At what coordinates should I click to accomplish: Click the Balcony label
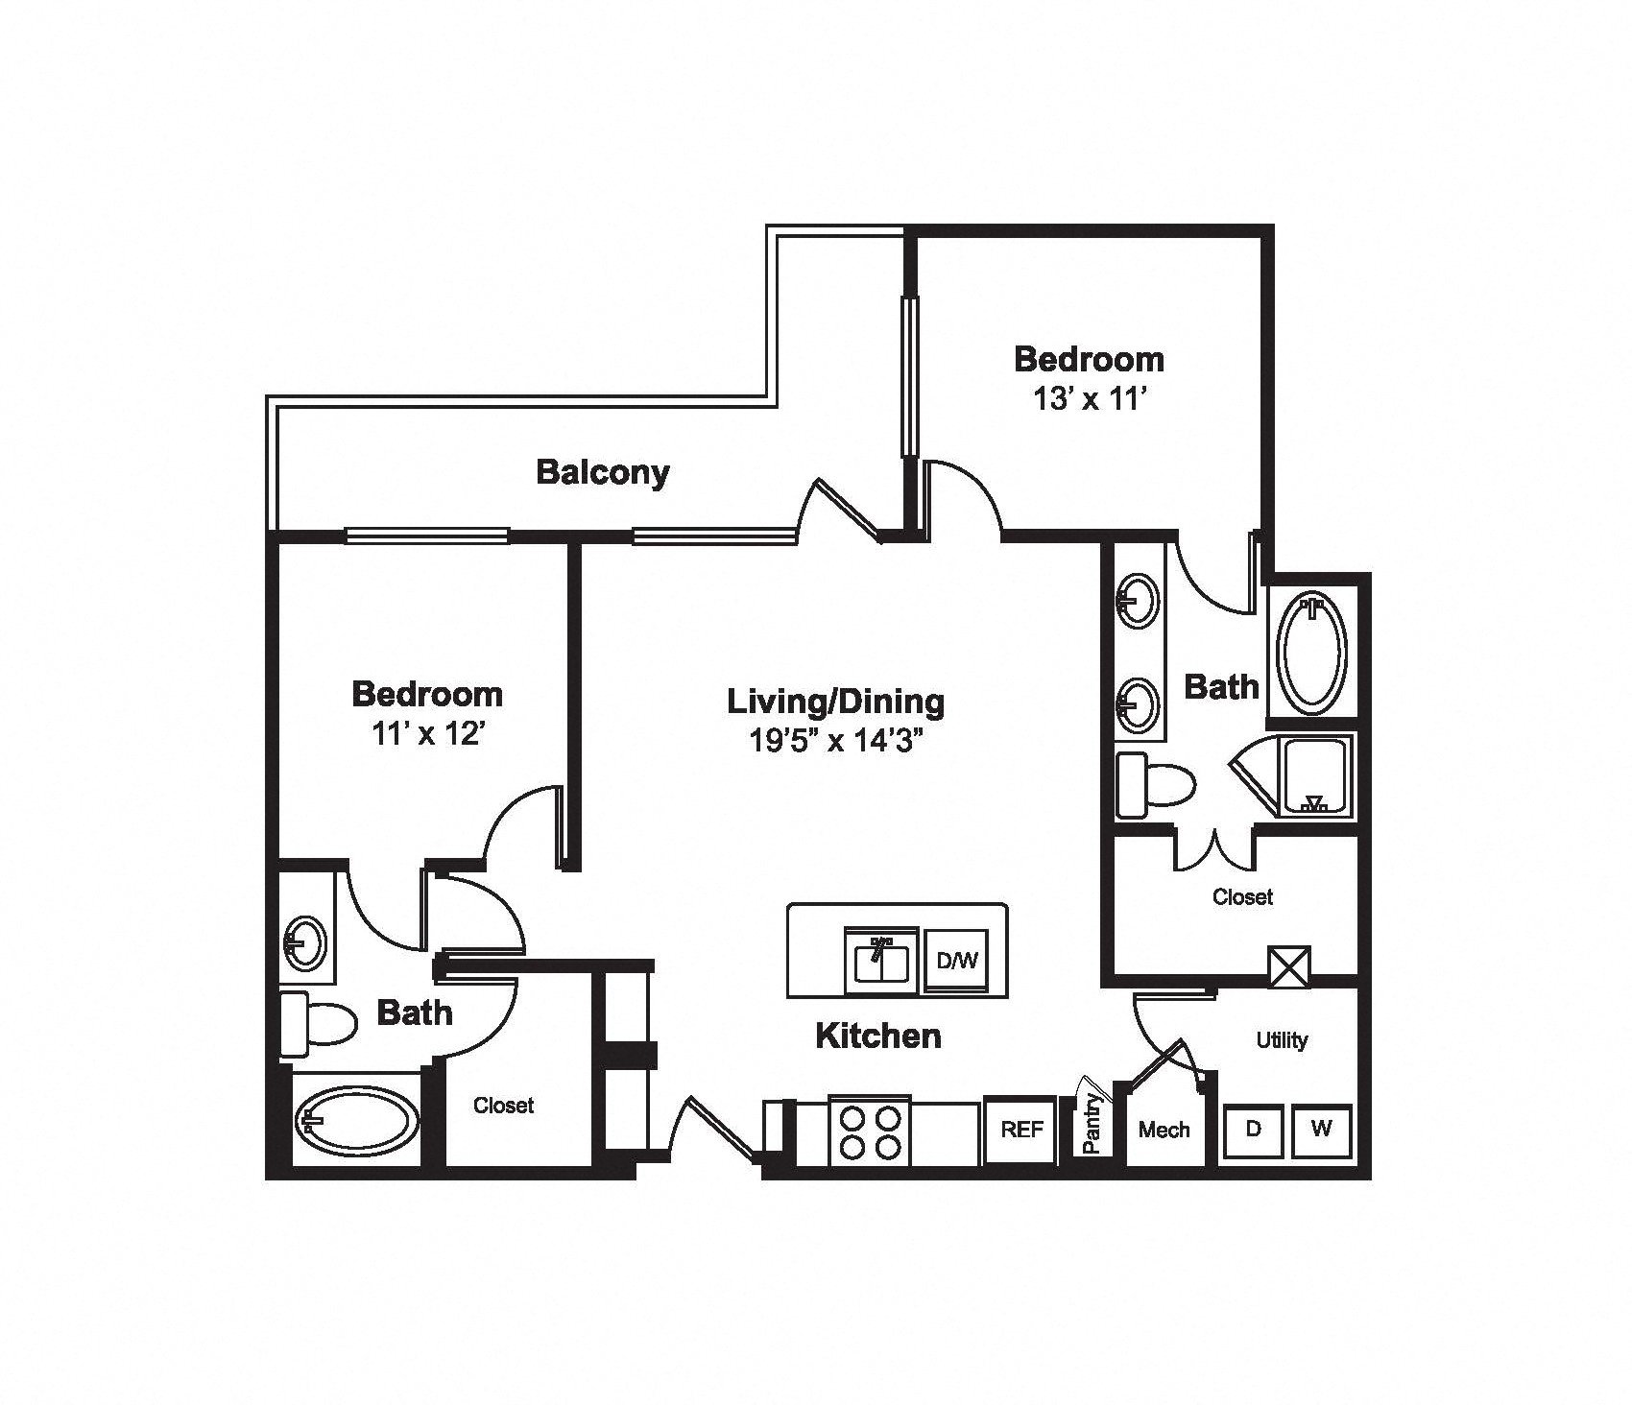603,472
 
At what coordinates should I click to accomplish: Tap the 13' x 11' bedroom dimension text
1089,398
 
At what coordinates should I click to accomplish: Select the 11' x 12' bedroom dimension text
427,733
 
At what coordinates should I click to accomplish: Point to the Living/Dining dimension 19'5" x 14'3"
834,742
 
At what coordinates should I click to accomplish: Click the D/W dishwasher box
956,960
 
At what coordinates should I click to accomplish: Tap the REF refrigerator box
1021,1131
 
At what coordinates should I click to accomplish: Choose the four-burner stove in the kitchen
870,1132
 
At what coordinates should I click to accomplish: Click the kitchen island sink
880,961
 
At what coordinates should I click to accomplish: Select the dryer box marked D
1253,1130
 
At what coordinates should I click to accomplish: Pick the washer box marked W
1322,1130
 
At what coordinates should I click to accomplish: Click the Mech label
1164,1131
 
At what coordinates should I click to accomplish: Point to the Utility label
1283,1040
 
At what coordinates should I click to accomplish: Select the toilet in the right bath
1156,786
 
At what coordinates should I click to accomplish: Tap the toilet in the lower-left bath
318,1024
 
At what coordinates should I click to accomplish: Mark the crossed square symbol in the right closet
1288,966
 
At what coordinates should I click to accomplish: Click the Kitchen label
878,1036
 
